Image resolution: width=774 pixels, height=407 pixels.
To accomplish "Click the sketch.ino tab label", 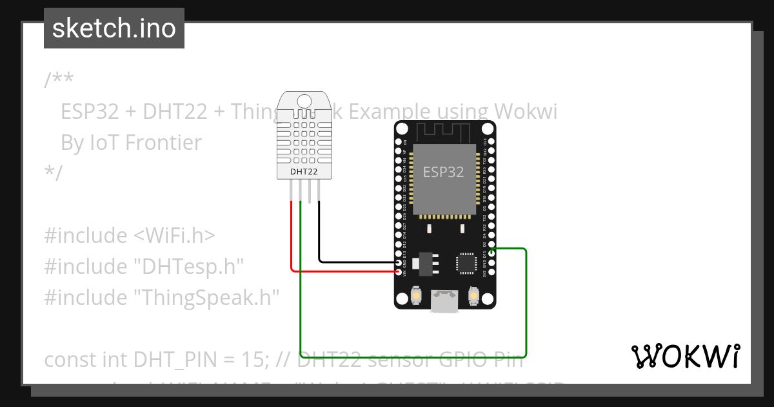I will (114, 28).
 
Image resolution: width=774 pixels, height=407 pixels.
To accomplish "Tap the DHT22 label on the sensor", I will (304, 172).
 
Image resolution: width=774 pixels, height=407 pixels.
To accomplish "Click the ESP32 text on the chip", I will (443, 172).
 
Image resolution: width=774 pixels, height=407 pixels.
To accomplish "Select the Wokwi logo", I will (685, 356).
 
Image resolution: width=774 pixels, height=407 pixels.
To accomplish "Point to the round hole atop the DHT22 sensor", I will (304, 100).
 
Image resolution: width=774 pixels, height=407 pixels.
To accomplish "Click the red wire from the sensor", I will (292, 239).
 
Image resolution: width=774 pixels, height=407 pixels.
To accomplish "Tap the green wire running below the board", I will (413, 357).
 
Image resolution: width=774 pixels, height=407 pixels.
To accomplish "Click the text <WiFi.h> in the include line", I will (174, 236).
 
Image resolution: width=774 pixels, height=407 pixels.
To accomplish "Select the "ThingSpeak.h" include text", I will (206, 298).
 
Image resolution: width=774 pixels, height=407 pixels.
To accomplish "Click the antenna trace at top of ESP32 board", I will (444, 132).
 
